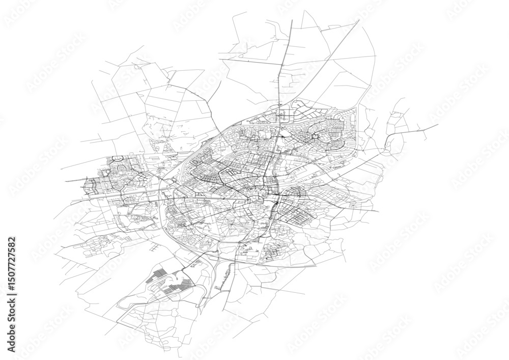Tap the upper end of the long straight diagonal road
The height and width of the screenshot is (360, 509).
[x=359, y=20]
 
